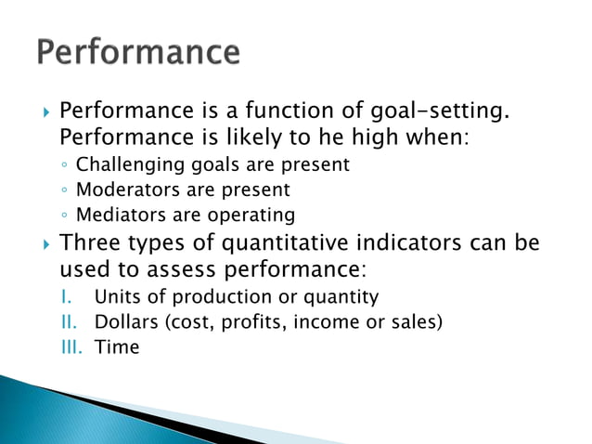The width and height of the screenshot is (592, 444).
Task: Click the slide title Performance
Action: pyautogui.click(x=138, y=52)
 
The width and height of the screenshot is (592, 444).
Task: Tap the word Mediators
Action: pyautogui.click(x=117, y=215)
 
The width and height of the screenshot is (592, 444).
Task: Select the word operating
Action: pyautogui.click(x=251, y=215)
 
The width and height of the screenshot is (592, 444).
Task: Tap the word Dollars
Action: pyautogui.click(x=124, y=322)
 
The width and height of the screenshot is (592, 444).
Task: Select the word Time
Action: pyautogui.click(x=116, y=347)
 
